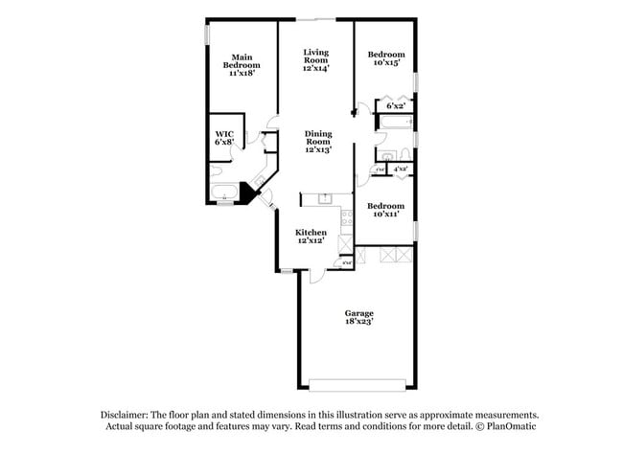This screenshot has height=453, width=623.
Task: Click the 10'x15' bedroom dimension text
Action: pyautogui.click(x=385, y=63)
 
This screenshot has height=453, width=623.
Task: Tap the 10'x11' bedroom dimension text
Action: pyautogui.click(x=385, y=214)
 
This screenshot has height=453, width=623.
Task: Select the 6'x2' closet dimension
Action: pyautogui.click(x=395, y=105)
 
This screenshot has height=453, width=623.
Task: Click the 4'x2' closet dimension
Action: pyautogui.click(x=402, y=170)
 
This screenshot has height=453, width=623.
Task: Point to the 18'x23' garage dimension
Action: pyautogui.click(x=359, y=322)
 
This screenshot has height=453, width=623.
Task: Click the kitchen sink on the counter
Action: pyautogui.click(x=325, y=199)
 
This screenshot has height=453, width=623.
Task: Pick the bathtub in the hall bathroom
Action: pyautogui.click(x=393, y=124)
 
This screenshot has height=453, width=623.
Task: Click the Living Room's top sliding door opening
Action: pyautogui.click(x=316, y=19)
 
